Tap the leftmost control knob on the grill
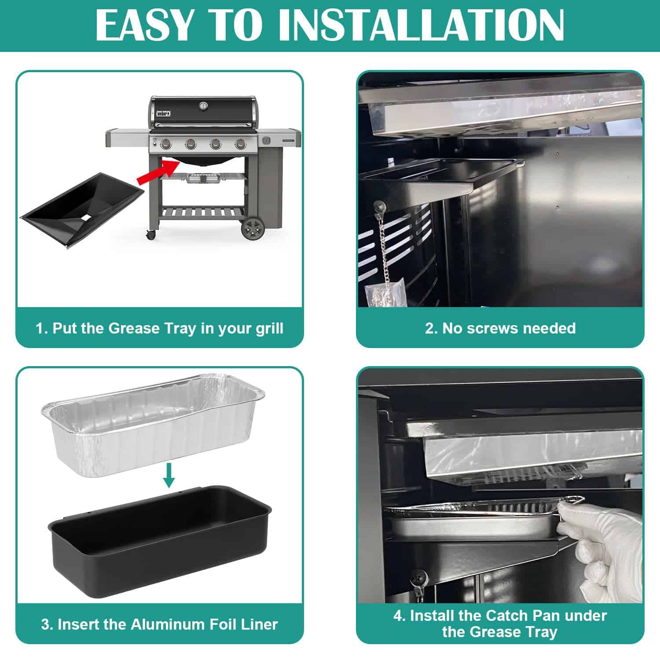[x=166, y=143]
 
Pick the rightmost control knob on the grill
[x=240, y=143]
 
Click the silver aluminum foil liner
[x=153, y=425]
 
